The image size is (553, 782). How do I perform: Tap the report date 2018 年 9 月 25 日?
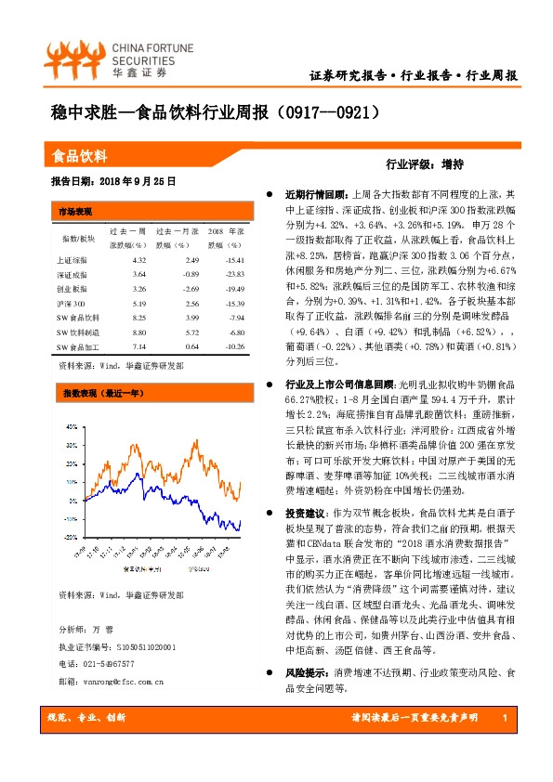point(126,181)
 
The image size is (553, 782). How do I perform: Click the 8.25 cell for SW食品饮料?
point(140,318)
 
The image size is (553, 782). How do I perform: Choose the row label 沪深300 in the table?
point(71,304)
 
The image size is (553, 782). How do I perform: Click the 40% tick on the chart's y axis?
point(72,427)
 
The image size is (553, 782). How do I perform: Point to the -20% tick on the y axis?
point(71,537)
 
